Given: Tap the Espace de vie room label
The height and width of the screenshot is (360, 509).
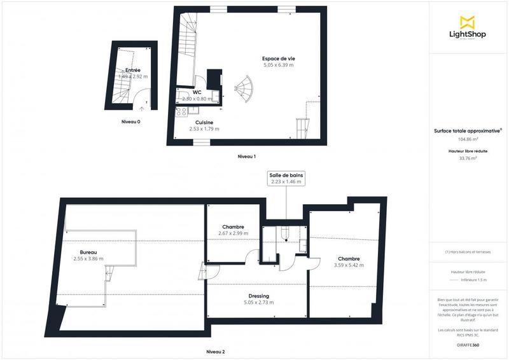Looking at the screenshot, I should point(279,59).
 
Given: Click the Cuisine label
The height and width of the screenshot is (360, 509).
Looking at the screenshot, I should point(204,122).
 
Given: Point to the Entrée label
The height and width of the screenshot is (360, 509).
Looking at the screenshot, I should point(133,70).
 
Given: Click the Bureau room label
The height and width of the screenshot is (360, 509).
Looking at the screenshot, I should point(88,252).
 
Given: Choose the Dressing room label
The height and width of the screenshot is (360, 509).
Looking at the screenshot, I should point(259,296).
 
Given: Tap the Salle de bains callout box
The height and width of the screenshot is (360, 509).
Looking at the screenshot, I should point(286,177).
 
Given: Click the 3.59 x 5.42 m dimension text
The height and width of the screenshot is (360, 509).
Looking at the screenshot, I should point(349,265).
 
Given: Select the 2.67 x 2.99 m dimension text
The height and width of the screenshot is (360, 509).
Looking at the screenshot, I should point(233,233).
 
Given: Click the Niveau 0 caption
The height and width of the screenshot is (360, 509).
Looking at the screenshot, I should point(131,121).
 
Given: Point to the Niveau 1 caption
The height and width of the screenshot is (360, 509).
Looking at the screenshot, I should point(246,156).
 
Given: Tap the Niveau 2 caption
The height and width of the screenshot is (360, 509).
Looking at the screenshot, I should point(216,352).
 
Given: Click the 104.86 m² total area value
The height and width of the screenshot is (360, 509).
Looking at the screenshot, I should point(468,138).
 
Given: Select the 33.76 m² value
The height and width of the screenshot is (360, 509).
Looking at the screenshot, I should point(468,158).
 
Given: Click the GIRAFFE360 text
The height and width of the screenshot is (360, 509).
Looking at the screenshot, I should point(468,344).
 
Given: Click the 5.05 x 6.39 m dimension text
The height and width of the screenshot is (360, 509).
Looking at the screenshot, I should point(279,65).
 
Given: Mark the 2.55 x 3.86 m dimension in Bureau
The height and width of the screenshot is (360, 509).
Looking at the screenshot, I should point(88,259).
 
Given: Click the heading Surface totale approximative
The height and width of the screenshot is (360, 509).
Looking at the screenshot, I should point(468,130).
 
